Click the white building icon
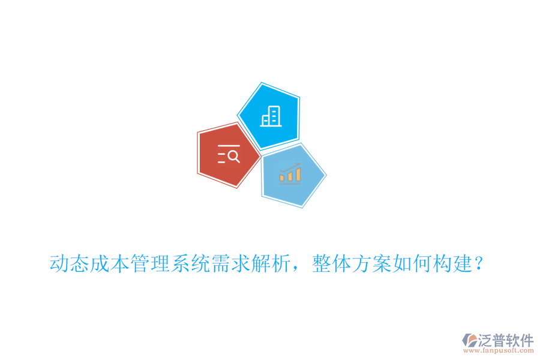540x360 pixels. [x=270, y=116]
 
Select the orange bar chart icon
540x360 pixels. [x=290, y=173]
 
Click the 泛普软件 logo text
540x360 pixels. [x=506, y=340]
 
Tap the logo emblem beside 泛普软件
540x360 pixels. [x=470, y=341]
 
